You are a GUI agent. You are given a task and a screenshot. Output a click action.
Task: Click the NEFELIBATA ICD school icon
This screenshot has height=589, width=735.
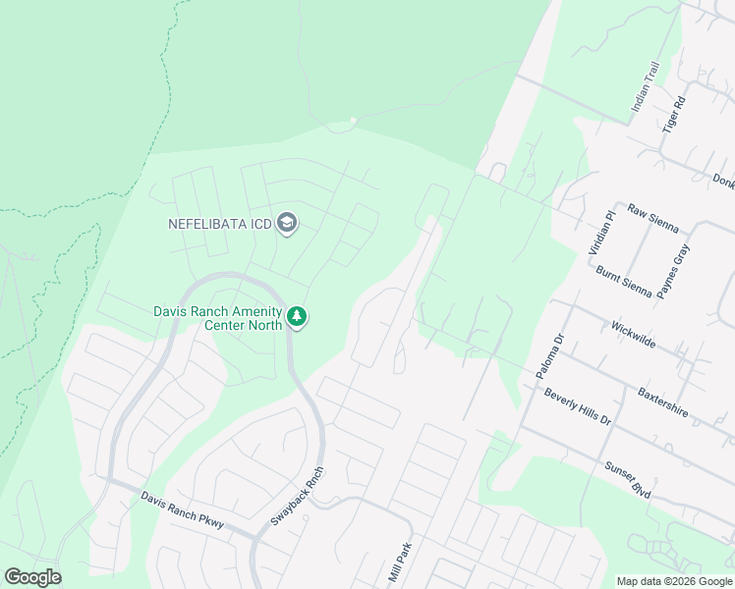point(287,224)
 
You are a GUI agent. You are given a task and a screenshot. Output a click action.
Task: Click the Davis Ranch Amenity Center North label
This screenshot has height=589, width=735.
point(216,318)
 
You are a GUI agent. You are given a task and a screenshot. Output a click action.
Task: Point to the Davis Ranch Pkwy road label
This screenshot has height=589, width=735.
point(182,510)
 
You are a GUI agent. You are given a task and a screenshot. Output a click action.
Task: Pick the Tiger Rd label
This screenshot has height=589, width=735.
point(672,115)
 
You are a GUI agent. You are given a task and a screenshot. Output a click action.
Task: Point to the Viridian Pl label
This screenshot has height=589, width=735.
point(601,233)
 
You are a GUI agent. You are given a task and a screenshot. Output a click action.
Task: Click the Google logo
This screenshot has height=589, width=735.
point(32,577)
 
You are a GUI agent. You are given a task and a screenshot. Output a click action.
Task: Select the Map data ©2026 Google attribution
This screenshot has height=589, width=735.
point(674,581)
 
